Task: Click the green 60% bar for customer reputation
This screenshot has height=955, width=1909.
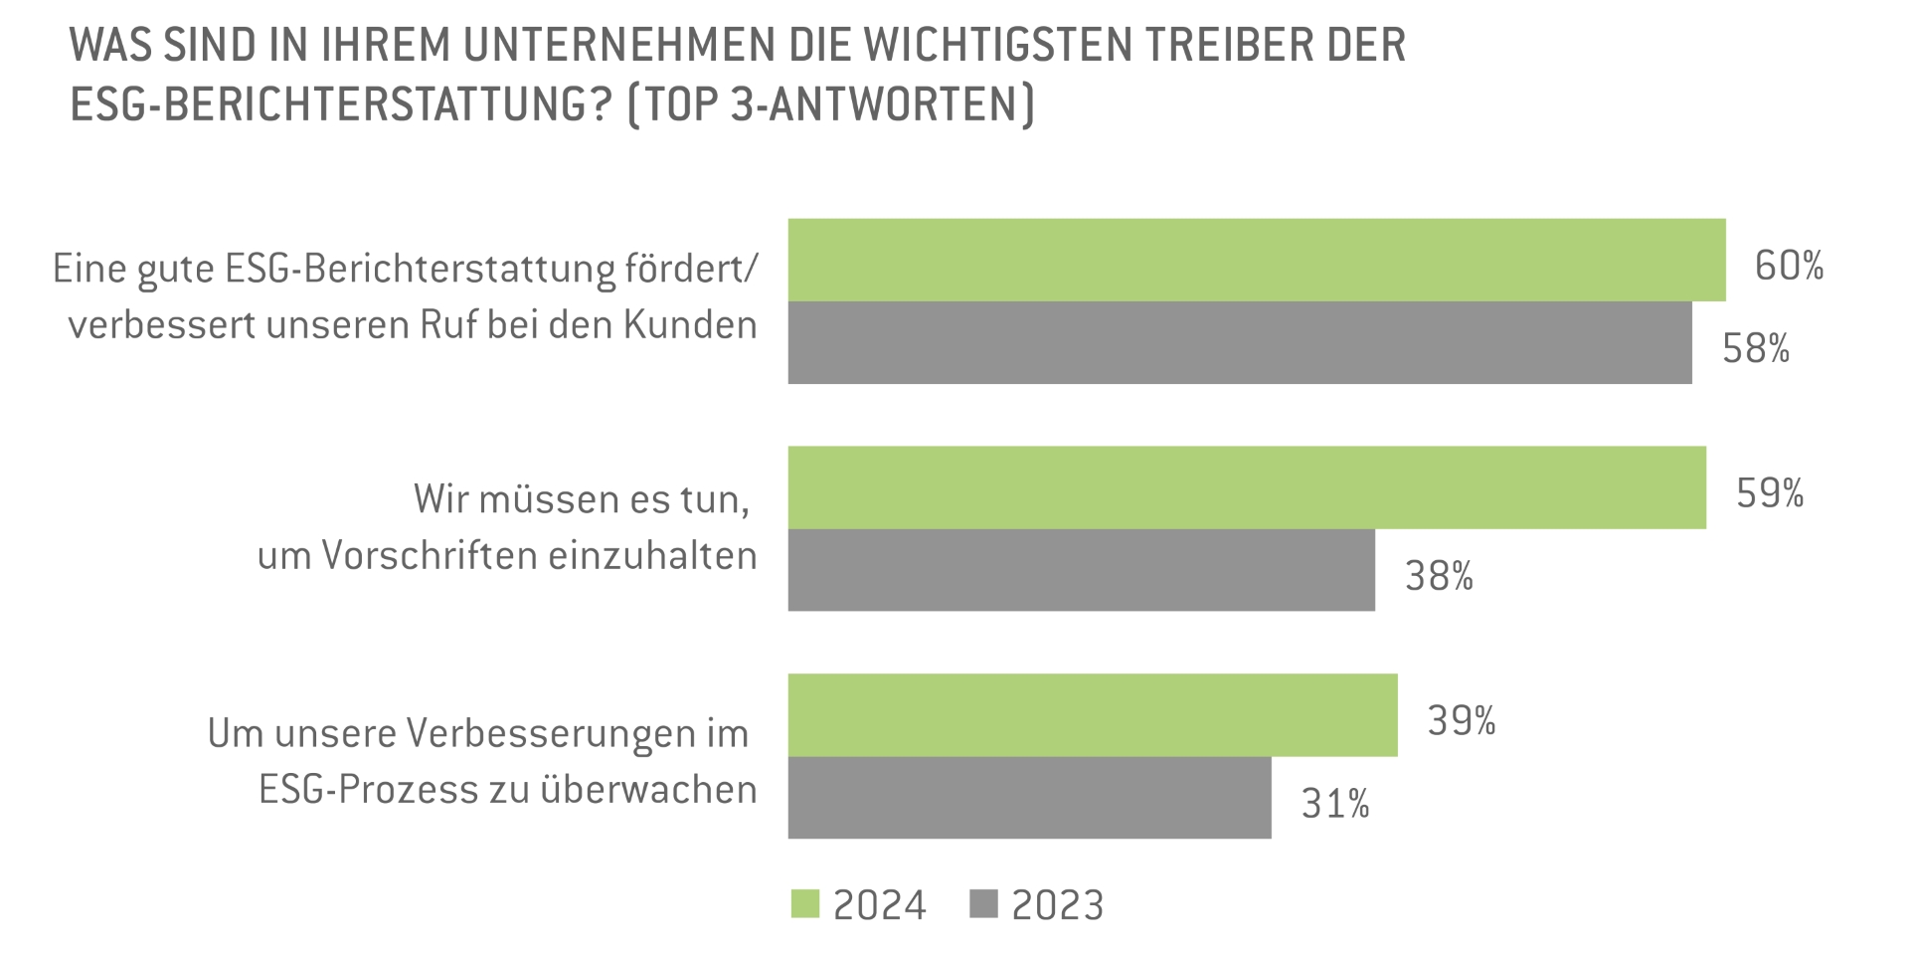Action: [x=1257, y=260]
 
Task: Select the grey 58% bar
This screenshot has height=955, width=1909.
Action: [x=1240, y=342]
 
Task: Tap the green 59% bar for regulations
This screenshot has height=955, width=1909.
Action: [x=1247, y=487]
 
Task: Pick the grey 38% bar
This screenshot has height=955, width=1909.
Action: [x=1082, y=570]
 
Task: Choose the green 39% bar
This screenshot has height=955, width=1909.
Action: [x=1093, y=715]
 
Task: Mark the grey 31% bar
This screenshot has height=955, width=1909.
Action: [x=1029, y=798]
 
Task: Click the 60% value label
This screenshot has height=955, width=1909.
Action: [x=1789, y=266]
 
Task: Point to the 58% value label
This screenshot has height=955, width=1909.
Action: [x=1756, y=349]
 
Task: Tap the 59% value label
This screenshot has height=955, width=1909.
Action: [x=1770, y=493]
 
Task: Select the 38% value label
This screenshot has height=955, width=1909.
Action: [x=1439, y=576]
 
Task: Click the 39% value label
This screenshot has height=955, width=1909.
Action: [x=1462, y=721]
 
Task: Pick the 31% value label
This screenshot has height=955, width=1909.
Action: [x=1335, y=804]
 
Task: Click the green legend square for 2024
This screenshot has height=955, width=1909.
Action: [x=805, y=904]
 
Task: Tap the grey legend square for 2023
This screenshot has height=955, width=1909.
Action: [x=983, y=904]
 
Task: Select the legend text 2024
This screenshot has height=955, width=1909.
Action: [x=879, y=905]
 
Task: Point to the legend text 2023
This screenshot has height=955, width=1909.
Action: [x=1057, y=905]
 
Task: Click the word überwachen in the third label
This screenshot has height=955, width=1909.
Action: [x=648, y=790]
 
